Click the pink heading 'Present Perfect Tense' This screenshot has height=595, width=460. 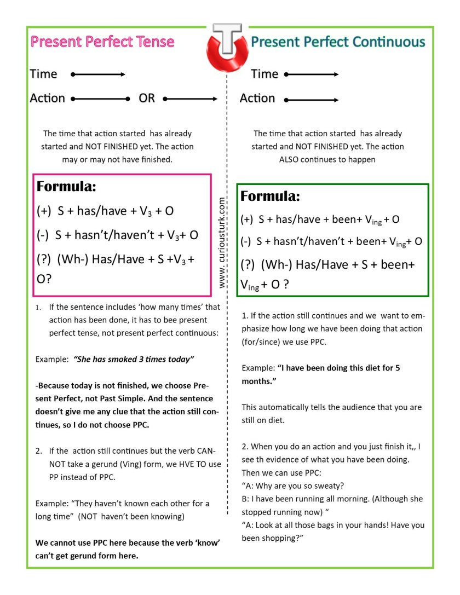102,42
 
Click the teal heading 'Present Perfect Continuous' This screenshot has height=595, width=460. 338,42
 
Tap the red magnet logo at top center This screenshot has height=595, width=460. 227,47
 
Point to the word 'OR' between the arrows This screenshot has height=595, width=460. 147,99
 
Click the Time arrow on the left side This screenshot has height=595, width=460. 99,74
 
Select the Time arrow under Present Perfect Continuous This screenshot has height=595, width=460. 311,74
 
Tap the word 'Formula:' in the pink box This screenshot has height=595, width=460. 66,187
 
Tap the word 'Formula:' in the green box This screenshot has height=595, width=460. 271,197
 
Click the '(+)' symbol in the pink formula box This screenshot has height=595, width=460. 44,211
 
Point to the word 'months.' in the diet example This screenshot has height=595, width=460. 259,381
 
